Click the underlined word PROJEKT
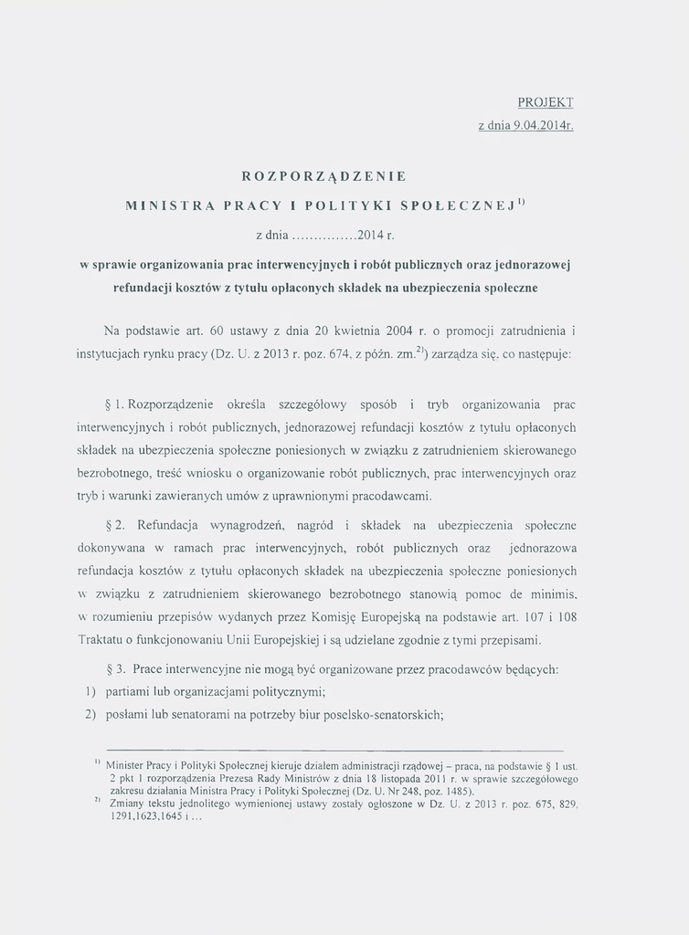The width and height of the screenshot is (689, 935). coord(545,102)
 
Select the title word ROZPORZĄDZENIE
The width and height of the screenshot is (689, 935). coord(324,174)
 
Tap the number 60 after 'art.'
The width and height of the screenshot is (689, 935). coord(217,329)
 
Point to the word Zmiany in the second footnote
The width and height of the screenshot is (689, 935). coord(126,804)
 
